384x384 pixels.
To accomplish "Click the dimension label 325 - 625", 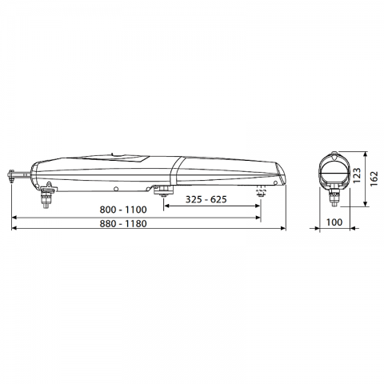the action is (x=206, y=199).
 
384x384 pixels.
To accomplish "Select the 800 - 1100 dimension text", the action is (x=123, y=210).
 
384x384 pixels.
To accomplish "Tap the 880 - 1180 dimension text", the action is (x=123, y=223).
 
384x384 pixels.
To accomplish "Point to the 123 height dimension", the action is (x=357, y=175).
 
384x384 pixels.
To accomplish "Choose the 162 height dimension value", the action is (x=374, y=179).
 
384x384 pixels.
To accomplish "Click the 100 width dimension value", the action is (x=334, y=222).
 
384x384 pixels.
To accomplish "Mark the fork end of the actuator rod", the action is (x=11, y=176).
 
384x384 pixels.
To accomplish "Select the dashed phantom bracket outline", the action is (x=261, y=192).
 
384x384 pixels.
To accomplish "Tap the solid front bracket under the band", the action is (x=163, y=190).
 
